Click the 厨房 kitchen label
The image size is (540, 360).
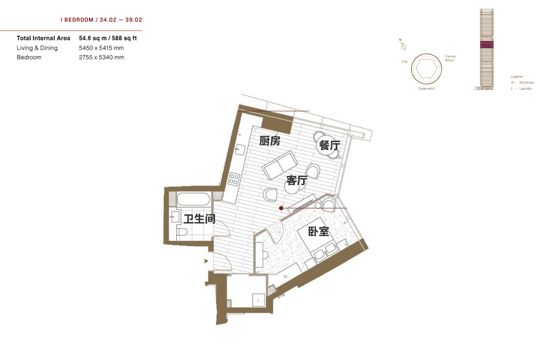click(270, 141)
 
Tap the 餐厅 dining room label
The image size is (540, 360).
click(329, 145)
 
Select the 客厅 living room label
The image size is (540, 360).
click(297, 180)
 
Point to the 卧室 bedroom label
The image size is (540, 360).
click(319, 231)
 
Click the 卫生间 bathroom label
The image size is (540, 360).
click(199, 219)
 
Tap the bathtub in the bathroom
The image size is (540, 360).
click(193, 199)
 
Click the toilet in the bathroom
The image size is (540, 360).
click(182, 232)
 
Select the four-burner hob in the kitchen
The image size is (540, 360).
click(234, 179)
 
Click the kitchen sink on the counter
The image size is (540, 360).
click(240, 149)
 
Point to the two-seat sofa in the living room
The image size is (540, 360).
click(280, 165)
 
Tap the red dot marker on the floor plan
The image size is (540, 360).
click(281, 208)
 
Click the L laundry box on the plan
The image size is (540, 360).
click(258, 300)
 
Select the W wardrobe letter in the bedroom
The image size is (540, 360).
click(285, 276)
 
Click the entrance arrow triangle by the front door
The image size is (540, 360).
click(206, 261)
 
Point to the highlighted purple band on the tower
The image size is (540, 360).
click(487, 45)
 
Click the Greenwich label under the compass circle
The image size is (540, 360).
click(427, 89)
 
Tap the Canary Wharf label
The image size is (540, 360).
click(450, 58)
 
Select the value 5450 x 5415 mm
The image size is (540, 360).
click(101, 48)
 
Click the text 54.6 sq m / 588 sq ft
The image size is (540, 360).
click(108, 38)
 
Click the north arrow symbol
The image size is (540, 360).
click(403, 45)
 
